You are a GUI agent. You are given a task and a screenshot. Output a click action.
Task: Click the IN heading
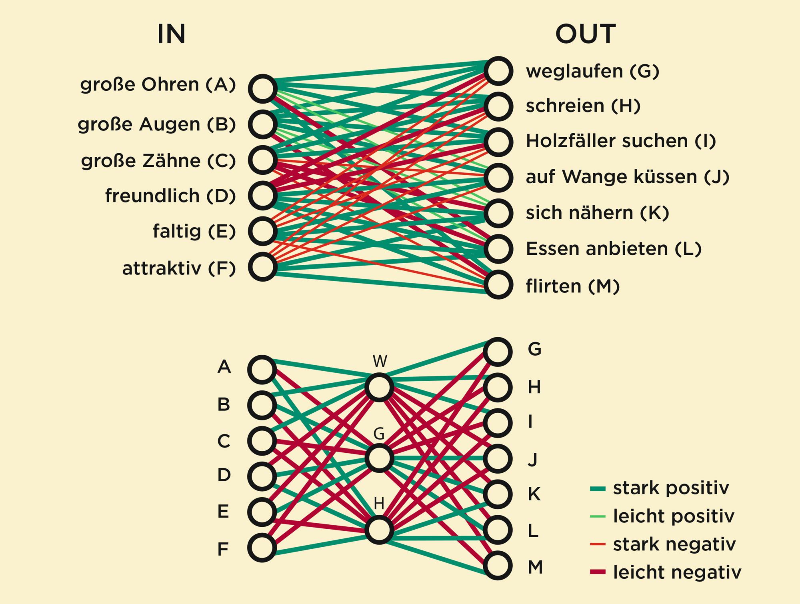pyautogui.click(x=171, y=34)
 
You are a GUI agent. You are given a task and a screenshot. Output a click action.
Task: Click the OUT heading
pyautogui.click(x=585, y=34)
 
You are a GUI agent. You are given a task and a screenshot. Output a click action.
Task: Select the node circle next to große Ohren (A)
pyautogui.click(x=262, y=88)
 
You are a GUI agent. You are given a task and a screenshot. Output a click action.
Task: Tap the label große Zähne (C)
pyautogui.click(x=158, y=161)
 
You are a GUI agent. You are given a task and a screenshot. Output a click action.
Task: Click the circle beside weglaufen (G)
pyautogui.click(x=498, y=71)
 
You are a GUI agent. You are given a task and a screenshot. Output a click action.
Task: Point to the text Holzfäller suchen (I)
pyautogui.click(x=621, y=141)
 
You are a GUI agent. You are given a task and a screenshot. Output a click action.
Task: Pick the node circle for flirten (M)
pyautogui.click(x=498, y=285)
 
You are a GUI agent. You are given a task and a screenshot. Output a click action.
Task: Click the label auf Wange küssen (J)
pyautogui.click(x=628, y=177)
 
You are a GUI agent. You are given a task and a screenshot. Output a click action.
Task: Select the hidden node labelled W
pyautogui.click(x=379, y=387)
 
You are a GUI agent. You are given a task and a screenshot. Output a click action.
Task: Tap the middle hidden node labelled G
pyautogui.click(x=379, y=458)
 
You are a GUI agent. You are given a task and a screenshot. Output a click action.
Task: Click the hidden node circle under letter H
pyautogui.click(x=379, y=530)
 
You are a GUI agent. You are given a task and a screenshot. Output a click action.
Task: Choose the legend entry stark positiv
pyautogui.click(x=671, y=488)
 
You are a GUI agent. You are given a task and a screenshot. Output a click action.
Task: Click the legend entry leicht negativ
pyautogui.click(x=677, y=572)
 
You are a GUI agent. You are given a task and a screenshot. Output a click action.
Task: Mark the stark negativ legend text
pyautogui.click(x=674, y=544)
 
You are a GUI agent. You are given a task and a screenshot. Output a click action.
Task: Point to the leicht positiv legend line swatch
pyautogui.click(x=598, y=516)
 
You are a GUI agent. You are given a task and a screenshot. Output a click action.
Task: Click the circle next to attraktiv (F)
pyautogui.click(x=262, y=267)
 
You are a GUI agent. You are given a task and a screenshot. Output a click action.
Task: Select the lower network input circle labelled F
pyautogui.click(x=262, y=548)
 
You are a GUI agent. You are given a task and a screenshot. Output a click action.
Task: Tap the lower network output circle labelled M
pyautogui.click(x=498, y=566)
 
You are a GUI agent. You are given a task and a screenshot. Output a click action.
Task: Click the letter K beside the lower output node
pyautogui.click(x=534, y=494)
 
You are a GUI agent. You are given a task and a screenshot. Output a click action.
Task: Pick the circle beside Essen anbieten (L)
pyautogui.click(x=498, y=249)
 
